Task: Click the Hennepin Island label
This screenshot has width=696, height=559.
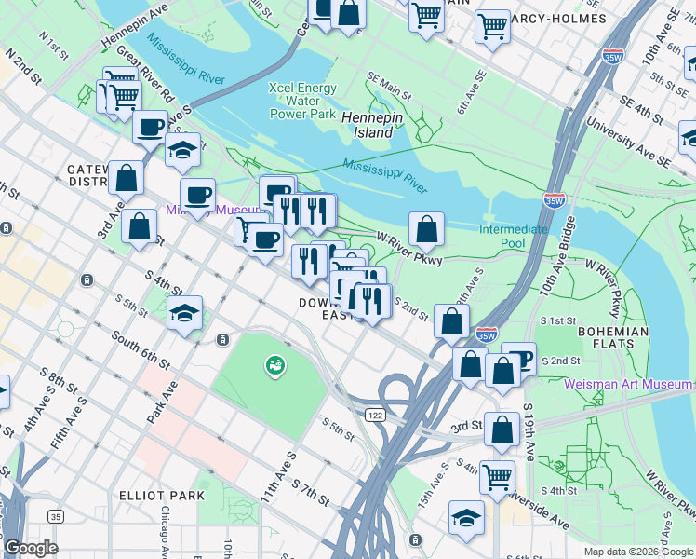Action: pyautogui.click(x=367, y=125)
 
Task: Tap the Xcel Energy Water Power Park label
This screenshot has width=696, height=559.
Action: pyautogui.click(x=301, y=101)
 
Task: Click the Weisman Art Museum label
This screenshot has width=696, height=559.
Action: pyautogui.click(x=628, y=384)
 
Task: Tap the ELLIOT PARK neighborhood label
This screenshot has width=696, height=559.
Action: pyautogui.click(x=163, y=495)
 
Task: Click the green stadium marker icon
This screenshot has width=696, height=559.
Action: pyautogui.click(x=274, y=366)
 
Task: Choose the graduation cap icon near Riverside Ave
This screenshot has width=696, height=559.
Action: pyautogui.click(x=466, y=518)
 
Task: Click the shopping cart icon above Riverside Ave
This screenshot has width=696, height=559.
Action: pyautogui.click(x=498, y=476)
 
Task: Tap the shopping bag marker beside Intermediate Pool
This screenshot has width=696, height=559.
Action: pyautogui.click(x=426, y=228)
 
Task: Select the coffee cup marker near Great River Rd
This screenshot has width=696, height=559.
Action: pyautogui.click(x=150, y=127)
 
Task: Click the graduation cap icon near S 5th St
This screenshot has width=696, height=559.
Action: pyautogui.click(x=185, y=314)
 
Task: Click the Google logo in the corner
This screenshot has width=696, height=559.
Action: pyautogui.click(x=31, y=548)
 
